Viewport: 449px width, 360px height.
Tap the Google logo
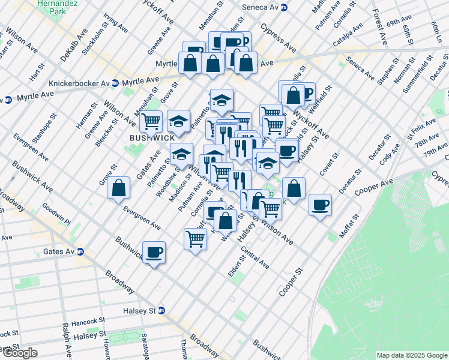[19, 353]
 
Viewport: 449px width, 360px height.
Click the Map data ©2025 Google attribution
[412, 355]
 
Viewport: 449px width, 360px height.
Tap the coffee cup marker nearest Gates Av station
[154, 252]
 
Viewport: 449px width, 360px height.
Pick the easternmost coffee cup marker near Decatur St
[320, 205]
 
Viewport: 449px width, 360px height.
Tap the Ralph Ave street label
[65, 340]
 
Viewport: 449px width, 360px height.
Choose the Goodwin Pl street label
[56, 213]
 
